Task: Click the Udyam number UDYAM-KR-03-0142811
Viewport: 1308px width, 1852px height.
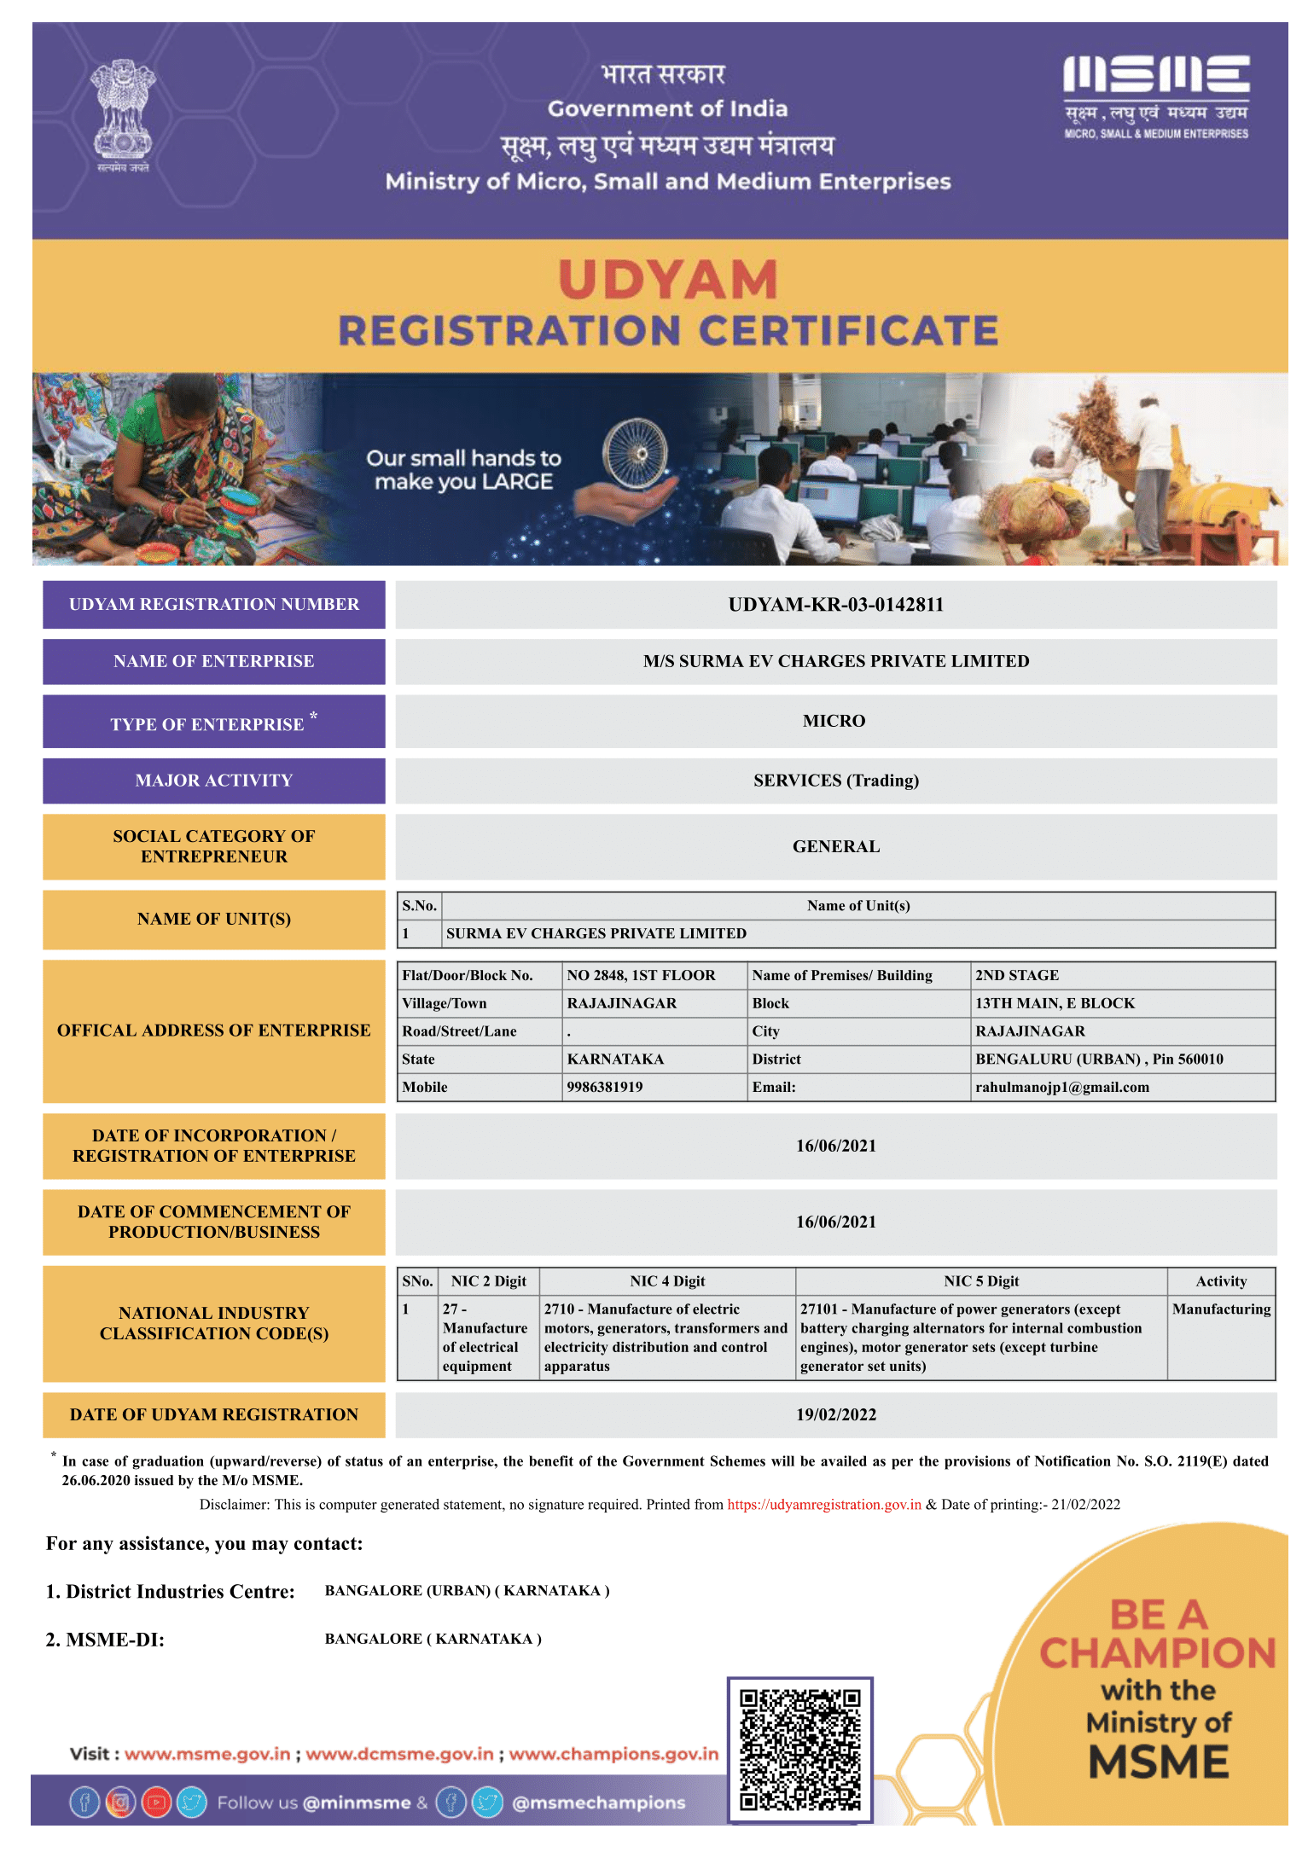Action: click(x=835, y=605)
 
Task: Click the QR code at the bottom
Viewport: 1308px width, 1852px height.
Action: click(x=799, y=1750)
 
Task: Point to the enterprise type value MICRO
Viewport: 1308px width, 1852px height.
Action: click(x=834, y=722)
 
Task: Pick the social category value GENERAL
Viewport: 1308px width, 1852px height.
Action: click(x=835, y=847)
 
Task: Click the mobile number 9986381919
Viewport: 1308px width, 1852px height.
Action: click(x=605, y=1088)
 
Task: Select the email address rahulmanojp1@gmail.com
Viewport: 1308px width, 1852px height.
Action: click(x=1062, y=1088)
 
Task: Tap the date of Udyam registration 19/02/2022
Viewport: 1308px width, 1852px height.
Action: click(x=835, y=1415)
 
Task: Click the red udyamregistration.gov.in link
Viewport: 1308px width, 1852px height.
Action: click(x=823, y=1505)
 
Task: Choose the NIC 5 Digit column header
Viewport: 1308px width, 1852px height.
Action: click(x=981, y=1281)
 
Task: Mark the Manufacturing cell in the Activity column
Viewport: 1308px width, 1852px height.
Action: click(x=1221, y=1309)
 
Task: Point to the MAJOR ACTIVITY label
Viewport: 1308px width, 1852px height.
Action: click(x=213, y=781)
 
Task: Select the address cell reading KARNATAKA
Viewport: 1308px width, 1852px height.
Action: click(x=615, y=1060)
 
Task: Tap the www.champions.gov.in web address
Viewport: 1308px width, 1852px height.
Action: click(x=613, y=1755)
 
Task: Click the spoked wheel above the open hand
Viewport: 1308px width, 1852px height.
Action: click(x=635, y=453)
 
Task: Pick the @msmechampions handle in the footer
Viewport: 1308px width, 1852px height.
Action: click(x=598, y=1803)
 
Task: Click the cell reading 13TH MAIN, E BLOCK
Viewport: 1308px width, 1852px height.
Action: click(x=1055, y=1004)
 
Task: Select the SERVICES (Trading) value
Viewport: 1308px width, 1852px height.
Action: click(x=835, y=781)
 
